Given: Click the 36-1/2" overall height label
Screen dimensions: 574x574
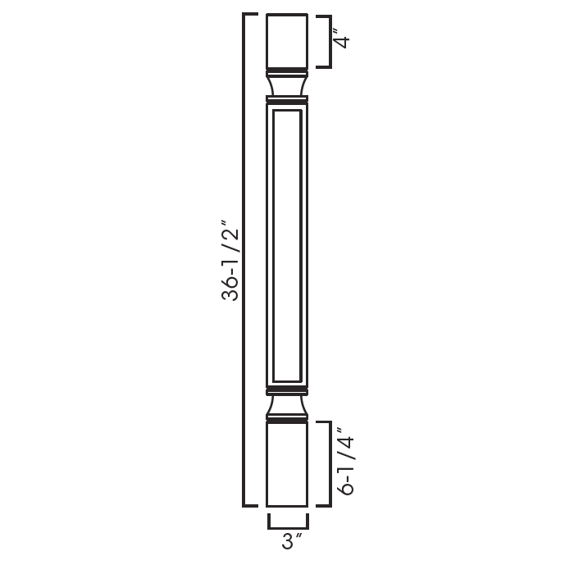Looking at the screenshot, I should point(232,260).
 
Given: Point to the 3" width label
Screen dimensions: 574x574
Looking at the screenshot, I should point(288,541).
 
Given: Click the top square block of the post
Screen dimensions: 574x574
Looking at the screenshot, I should point(287,40).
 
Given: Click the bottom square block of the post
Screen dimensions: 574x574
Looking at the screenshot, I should point(287,464).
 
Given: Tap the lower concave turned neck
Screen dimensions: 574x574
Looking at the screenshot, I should point(287,405).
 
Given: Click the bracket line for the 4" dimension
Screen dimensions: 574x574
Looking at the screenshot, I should point(330,41).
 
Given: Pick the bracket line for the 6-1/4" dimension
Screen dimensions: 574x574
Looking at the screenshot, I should point(330,464).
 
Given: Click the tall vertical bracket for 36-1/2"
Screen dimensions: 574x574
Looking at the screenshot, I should point(244,260).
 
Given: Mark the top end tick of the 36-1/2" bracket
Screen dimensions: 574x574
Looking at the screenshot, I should point(251,16).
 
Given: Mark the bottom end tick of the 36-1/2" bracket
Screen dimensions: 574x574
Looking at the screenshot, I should point(251,505).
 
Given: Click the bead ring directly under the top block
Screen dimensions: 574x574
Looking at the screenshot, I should point(287,70).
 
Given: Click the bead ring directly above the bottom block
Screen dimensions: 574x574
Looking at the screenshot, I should point(287,420).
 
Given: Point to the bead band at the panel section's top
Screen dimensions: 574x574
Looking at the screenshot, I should point(287,100).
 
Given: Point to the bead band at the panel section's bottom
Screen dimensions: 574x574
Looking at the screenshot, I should point(287,388).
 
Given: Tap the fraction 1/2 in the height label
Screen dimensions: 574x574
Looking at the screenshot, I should point(232,236).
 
